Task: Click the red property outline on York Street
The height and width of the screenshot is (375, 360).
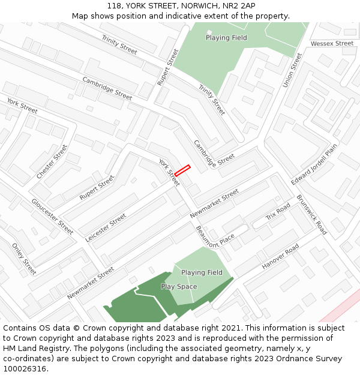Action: pos(182,170)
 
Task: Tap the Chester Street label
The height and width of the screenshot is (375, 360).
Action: pos(52,161)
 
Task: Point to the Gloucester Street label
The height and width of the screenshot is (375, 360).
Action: pos(52,216)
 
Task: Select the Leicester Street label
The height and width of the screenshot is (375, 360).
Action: pos(106,227)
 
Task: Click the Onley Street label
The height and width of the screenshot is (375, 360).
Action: pos(24,259)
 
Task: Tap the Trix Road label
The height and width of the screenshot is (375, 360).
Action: pos(278,212)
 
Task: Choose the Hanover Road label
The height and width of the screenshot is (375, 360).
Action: pos(280,257)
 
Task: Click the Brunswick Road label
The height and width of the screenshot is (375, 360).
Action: pos(311,214)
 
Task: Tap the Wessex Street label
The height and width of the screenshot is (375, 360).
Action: pos(332,44)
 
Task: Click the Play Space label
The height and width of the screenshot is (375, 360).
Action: pos(179,287)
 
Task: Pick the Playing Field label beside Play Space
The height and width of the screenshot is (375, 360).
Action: pos(202,272)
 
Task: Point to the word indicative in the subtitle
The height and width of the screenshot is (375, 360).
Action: pos(176,16)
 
